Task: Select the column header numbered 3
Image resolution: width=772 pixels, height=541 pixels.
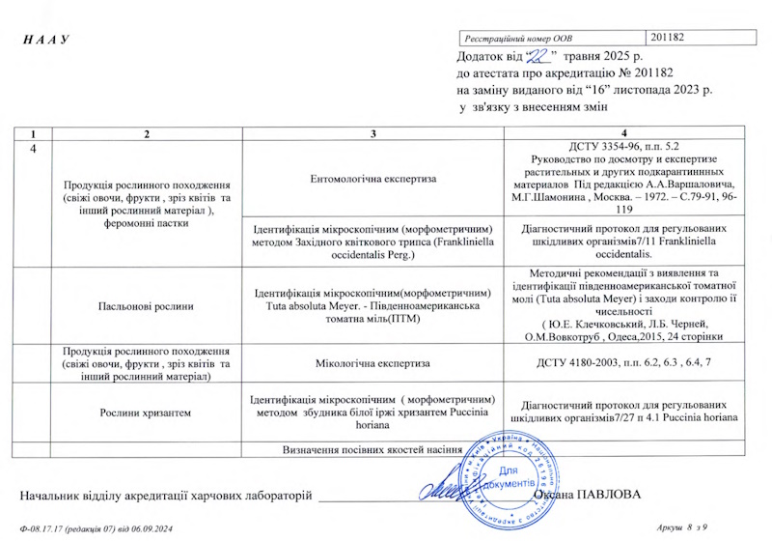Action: click(x=372, y=132)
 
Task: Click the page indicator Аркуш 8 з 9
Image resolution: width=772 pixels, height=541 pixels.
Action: click(x=680, y=528)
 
